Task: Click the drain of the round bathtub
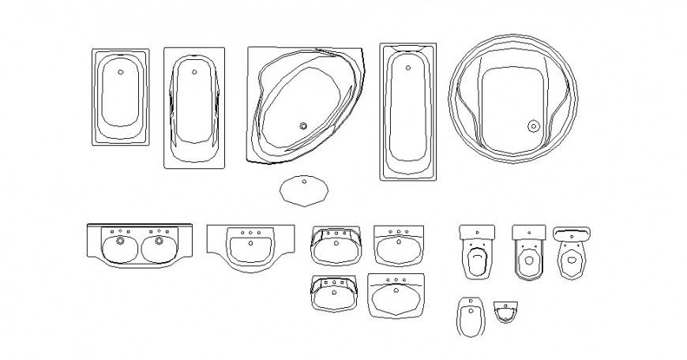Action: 533,125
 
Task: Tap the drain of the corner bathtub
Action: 303,125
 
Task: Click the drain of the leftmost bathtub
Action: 120,72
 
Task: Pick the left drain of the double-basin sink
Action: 119,240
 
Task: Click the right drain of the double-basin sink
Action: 160,240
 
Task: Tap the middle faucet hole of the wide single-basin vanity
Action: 250,233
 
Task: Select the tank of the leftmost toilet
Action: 477,232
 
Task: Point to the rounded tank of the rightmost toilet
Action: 572,232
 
